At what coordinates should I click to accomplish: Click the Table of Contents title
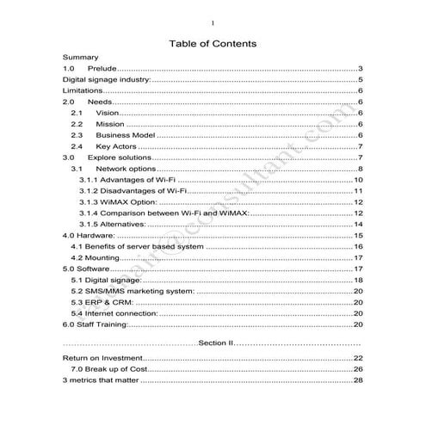click(x=213, y=43)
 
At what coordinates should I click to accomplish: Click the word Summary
click(x=81, y=58)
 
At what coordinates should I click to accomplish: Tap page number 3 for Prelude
click(x=361, y=69)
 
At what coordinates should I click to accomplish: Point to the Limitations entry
click(x=83, y=91)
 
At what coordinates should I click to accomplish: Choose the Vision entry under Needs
click(x=107, y=114)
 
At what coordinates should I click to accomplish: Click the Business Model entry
click(x=125, y=135)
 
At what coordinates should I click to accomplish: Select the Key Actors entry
click(x=118, y=146)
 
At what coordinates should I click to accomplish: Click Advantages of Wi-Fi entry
click(x=127, y=180)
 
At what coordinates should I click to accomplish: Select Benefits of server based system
click(x=138, y=246)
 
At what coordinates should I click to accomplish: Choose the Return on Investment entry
click(x=103, y=358)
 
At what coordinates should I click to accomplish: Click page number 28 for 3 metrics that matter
click(x=358, y=380)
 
